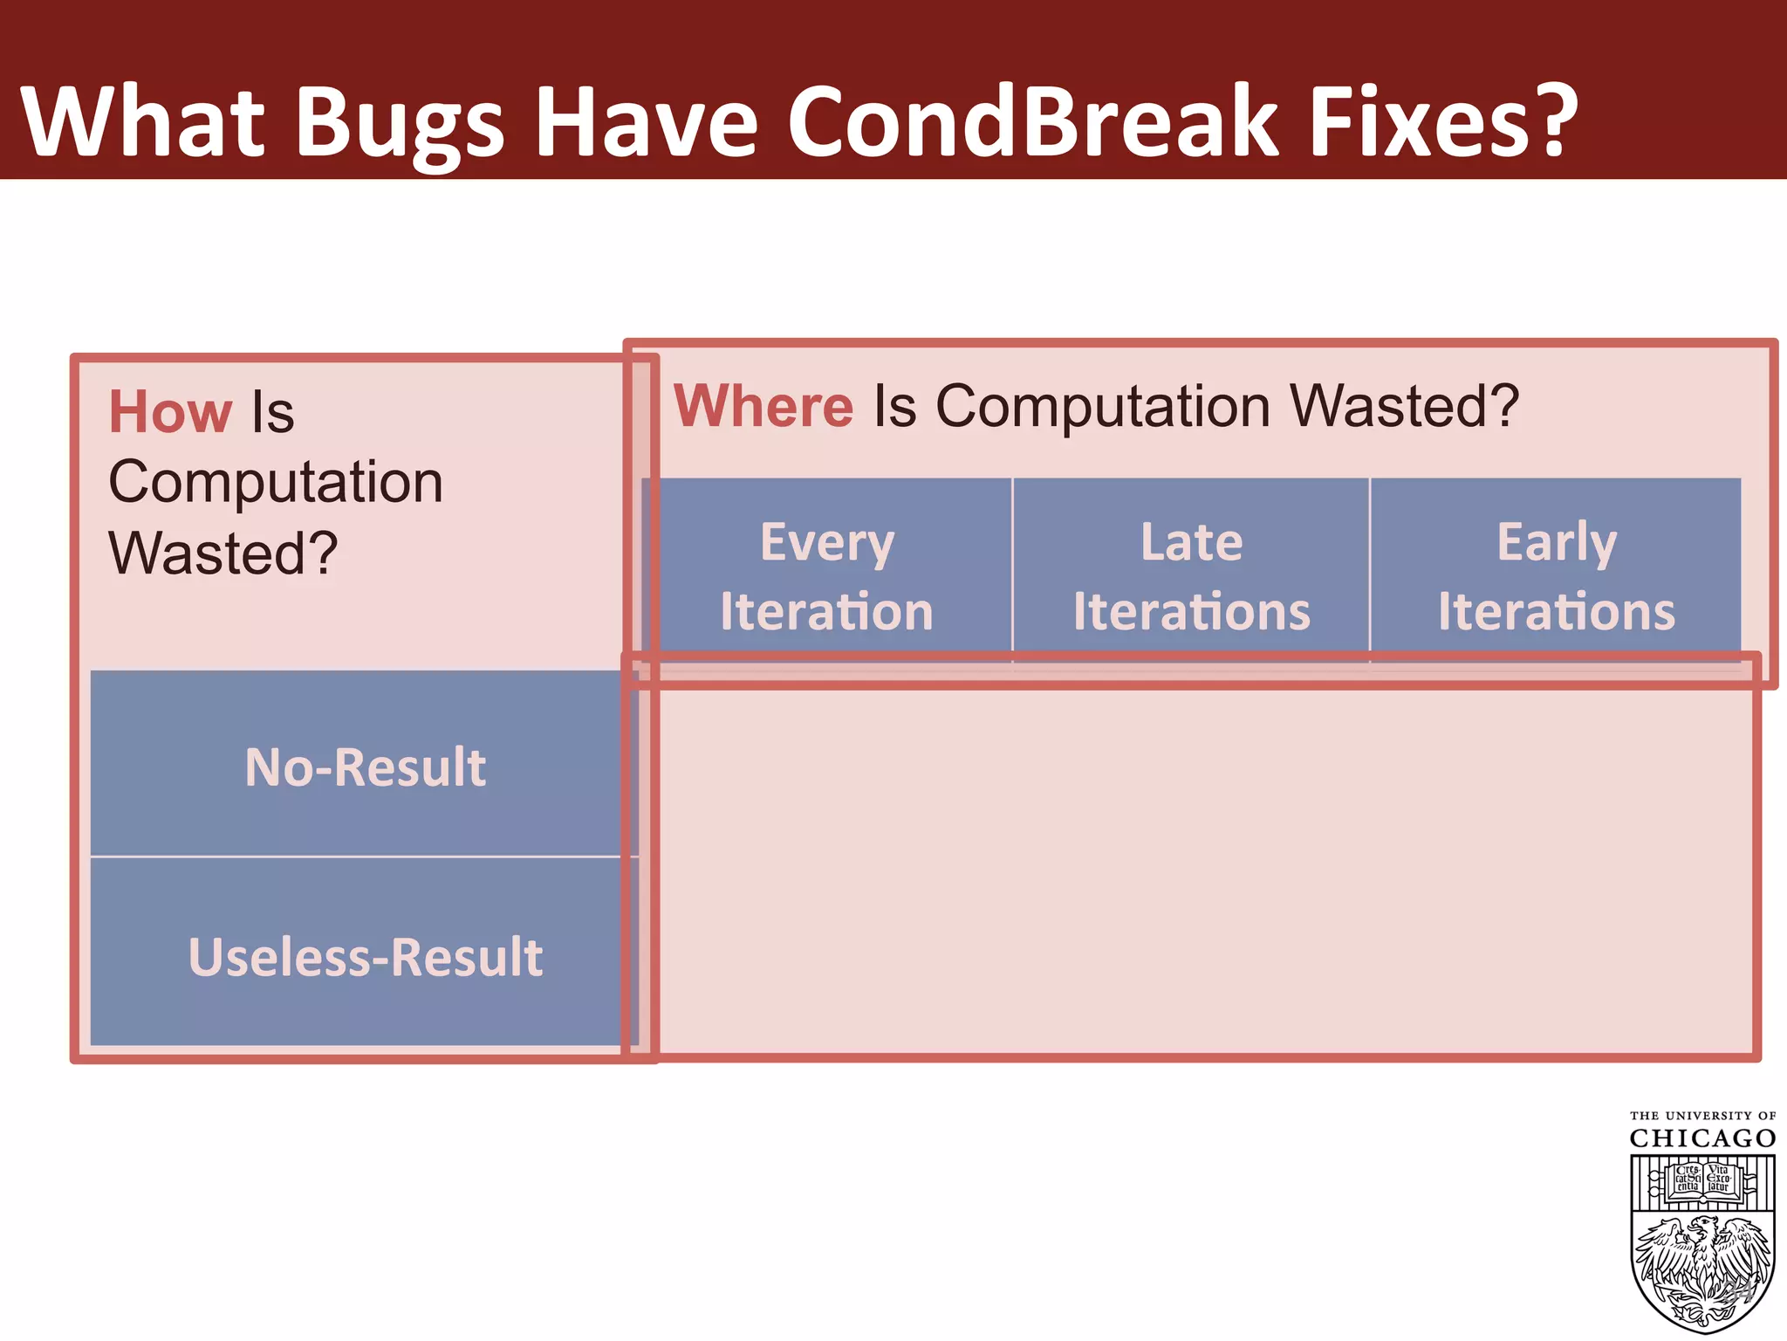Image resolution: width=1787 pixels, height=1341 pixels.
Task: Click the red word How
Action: tap(170, 412)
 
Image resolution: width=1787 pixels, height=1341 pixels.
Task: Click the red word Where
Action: tap(763, 406)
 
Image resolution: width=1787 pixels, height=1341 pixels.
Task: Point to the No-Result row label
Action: tap(365, 767)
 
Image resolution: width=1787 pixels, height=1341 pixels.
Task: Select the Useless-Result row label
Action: tap(365, 957)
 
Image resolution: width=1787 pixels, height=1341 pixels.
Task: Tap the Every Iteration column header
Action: tap(826, 575)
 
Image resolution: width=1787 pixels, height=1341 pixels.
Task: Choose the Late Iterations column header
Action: tap(1191, 575)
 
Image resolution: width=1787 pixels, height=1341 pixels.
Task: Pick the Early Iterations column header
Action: tap(1556, 575)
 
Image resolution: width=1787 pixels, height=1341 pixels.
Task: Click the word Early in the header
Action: tap(1557, 543)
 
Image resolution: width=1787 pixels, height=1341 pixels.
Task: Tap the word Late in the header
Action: tap(1191, 542)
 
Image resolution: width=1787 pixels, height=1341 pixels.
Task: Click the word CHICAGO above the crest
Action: tap(1702, 1138)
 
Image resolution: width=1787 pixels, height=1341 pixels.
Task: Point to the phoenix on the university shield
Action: tap(1702, 1266)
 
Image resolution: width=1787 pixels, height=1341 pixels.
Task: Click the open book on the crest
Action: tap(1702, 1179)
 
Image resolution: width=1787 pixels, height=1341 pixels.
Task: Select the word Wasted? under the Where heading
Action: tap(1404, 406)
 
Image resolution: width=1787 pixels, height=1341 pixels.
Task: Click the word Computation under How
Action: tap(276, 482)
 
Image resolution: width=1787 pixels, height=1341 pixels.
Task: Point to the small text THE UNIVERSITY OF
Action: tap(1702, 1116)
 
